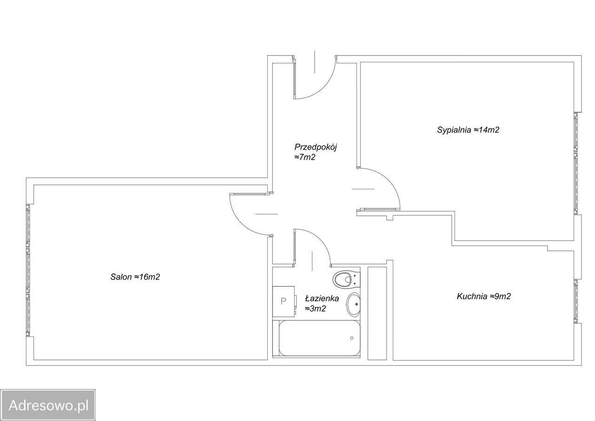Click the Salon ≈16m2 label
(x=135, y=277)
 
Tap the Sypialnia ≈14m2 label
(x=468, y=130)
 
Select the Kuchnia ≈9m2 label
(x=484, y=296)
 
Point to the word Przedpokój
(x=316, y=147)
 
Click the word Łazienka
(x=322, y=299)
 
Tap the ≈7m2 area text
(x=304, y=157)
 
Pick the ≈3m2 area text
(x=315, y=308)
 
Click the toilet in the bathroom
(x=345, y=279)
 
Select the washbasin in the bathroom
(x=354, y=305)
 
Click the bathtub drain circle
(x=352, y=338)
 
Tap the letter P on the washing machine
(x=284, y=301)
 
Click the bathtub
(x=317, y=338)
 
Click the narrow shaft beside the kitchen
(x=377, y=314)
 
